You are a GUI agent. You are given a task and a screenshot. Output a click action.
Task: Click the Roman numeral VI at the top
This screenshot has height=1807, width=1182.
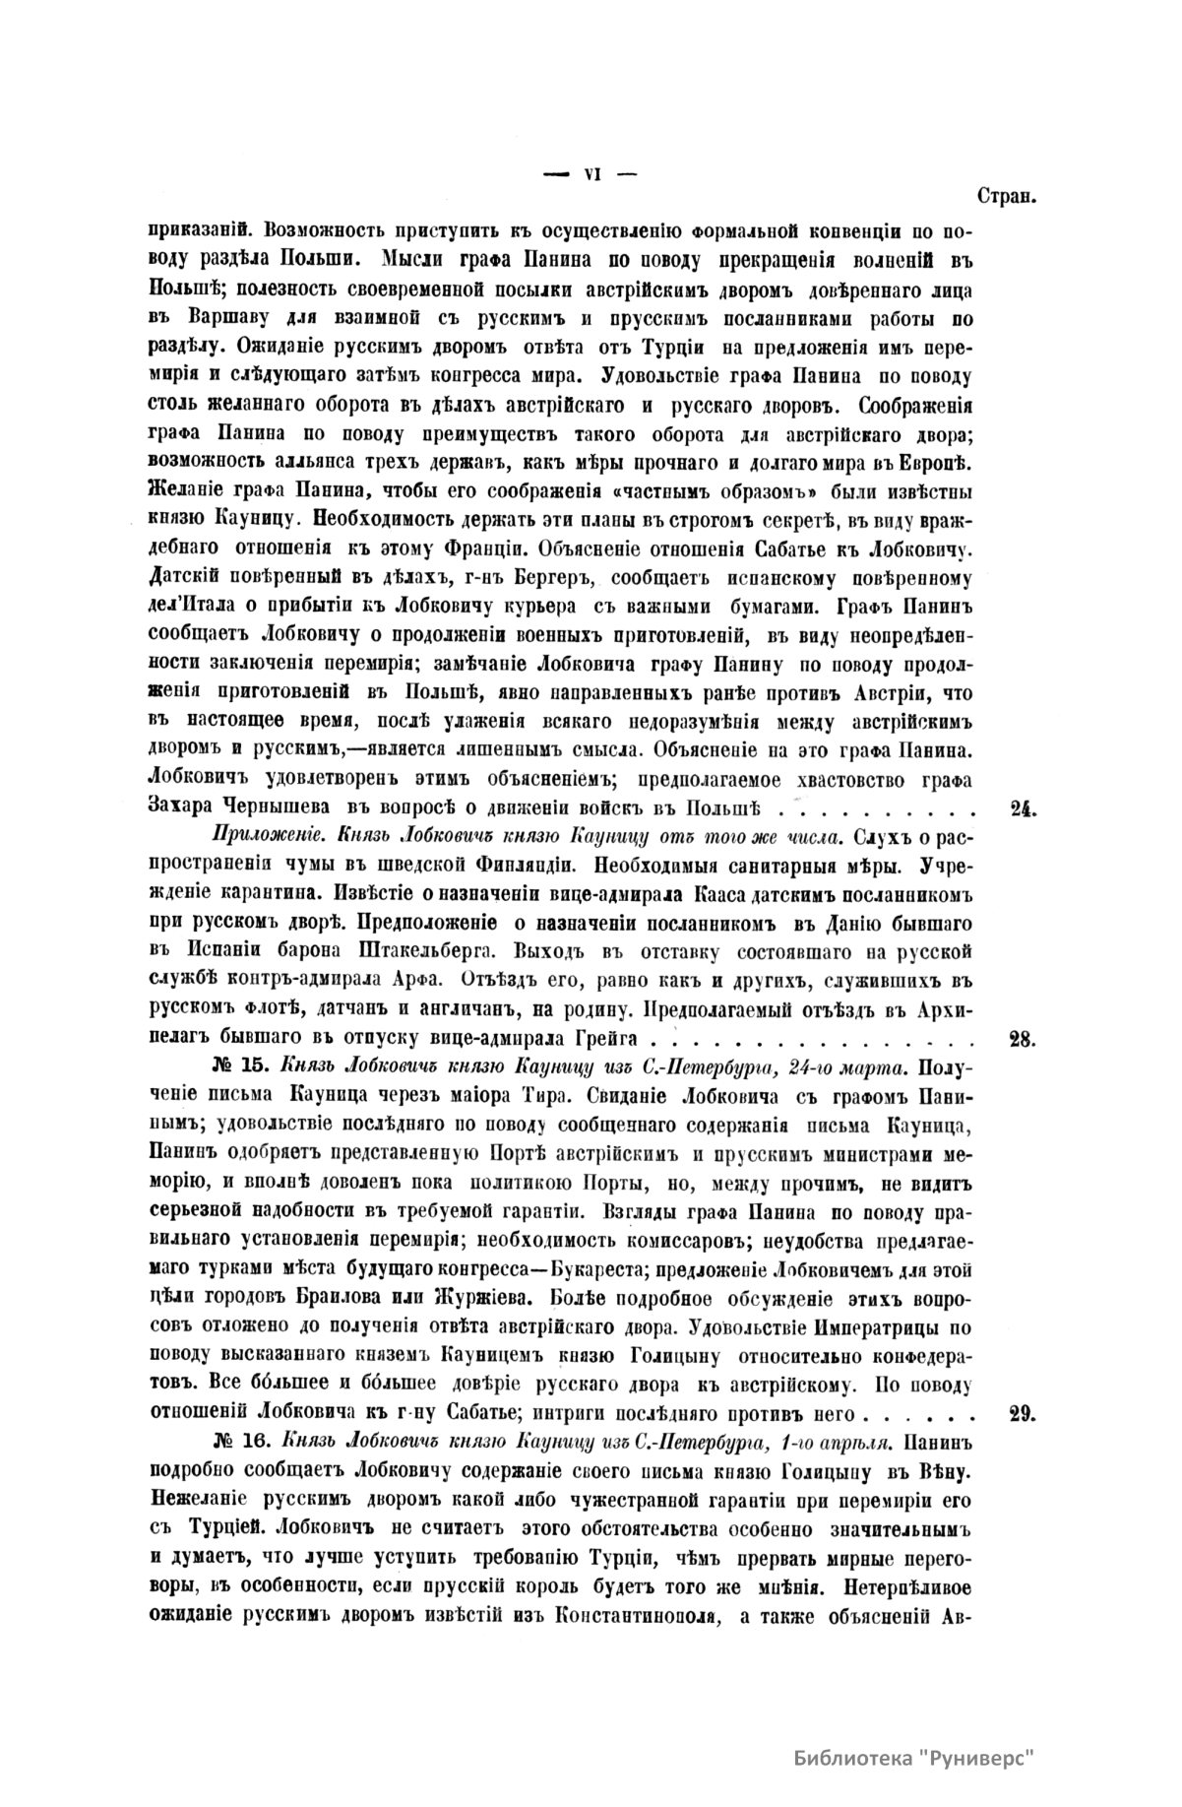(591, 173)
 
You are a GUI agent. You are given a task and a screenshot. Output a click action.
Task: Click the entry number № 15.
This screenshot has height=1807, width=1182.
(239, 1065)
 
